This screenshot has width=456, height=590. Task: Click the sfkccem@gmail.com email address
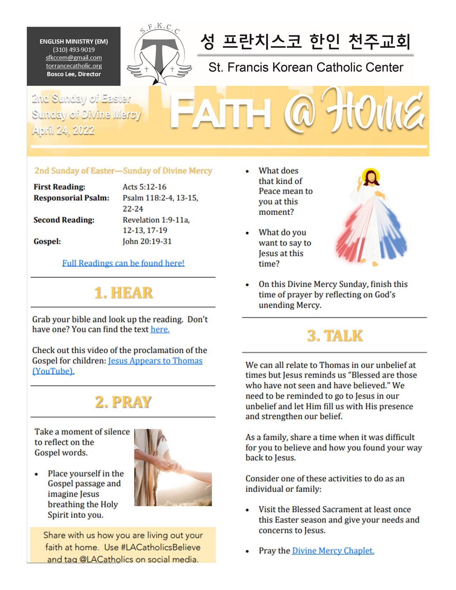[x=74, y=58]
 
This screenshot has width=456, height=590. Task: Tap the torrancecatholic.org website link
[x=74, y=66]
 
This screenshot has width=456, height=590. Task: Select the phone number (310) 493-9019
[x=74, y=50]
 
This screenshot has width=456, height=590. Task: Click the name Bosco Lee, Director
[x=74, y=74]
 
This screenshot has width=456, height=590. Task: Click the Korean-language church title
[x=305, y=42]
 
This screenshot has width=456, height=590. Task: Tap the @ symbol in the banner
[x=300, y=114]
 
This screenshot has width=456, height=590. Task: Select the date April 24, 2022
[x=63, y=131]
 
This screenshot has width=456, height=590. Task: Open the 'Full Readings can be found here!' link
[x=123, y=263]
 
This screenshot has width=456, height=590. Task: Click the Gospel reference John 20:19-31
[x=147, y=241]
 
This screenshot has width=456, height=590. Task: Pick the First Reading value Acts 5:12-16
[x=144, y=187]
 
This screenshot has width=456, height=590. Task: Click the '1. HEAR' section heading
[x=123, y=293]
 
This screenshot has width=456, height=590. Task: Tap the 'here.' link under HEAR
[x=160, y=329]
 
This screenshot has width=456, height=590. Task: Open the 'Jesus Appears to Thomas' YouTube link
[x=155, y=361]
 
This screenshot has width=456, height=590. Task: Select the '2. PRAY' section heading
[x=123, y=402]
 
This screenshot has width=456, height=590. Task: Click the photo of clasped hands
[x=173, y=467]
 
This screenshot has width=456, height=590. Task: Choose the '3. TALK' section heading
[x=335, y=336]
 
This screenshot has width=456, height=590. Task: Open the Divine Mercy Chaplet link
[x=333, y=551]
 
